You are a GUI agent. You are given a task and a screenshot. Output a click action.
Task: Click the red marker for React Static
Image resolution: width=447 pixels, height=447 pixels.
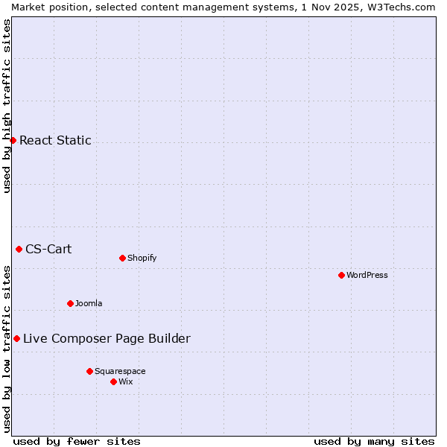[13, 140]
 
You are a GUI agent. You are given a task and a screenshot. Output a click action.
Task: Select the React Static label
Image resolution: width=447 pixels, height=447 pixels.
[55, 140]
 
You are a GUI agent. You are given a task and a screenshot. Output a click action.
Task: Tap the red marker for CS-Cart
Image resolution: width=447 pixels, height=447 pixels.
[19, 249]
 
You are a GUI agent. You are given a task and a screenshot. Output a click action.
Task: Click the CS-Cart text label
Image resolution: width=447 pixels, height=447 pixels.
[48, 249]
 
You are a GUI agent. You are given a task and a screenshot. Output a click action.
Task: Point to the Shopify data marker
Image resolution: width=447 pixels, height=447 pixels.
[122, 258]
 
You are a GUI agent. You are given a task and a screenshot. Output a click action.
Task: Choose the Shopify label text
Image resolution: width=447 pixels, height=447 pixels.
[142, 259]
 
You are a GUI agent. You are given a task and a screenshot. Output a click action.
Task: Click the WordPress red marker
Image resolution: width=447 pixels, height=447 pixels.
[341, 275]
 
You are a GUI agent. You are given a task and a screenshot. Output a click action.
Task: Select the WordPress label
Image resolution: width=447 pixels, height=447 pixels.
[367, 275]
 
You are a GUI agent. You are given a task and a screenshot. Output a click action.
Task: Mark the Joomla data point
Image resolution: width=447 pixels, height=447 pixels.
[70, 303]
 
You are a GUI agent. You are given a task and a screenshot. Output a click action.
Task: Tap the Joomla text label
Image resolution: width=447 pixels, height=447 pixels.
[89, 303]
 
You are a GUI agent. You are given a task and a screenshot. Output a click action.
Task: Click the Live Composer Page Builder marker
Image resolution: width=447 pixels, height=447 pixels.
[16, 338]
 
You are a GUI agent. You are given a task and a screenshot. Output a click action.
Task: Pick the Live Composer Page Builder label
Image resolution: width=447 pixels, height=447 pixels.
[107, 339]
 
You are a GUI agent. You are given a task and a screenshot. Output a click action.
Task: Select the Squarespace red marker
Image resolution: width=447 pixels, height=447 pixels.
[89, 371]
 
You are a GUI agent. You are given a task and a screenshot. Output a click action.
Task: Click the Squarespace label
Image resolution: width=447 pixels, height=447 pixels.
[120, 371]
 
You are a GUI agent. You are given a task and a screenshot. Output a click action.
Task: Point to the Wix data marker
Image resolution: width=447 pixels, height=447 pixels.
[113, 381]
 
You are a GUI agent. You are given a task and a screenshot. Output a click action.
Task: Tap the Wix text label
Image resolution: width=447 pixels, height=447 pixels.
[125, 381]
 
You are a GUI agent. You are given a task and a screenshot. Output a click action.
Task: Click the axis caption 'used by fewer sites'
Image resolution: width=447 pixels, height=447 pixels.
[77, 441]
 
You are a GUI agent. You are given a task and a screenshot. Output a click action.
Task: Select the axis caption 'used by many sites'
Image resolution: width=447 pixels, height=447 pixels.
[374, 441]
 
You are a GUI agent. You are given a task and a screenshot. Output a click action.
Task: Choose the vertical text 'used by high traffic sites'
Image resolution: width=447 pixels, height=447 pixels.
[7, 106]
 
